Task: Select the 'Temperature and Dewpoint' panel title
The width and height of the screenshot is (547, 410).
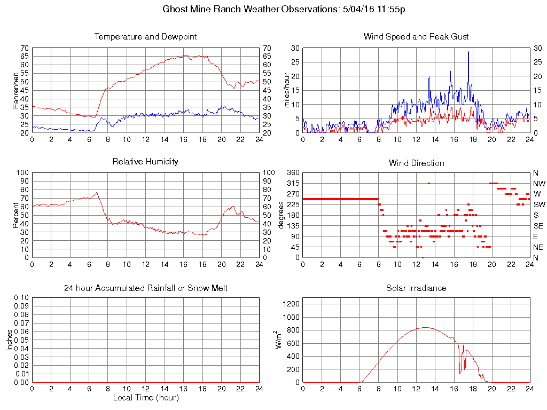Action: point(145,37)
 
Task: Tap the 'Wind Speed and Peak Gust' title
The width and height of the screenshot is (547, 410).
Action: point(416,37)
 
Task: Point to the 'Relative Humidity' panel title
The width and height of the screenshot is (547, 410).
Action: point(145,161)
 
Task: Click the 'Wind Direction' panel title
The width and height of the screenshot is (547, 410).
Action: point(416,163)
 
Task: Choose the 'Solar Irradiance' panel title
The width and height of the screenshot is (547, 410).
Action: point(416,288)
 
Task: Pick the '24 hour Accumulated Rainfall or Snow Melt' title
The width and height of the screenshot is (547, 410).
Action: point(145,288)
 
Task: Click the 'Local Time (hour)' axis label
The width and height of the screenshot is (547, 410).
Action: point(145,398)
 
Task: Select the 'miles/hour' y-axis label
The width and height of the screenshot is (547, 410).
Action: point(286,90)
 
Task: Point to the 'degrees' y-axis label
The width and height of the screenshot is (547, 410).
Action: point(281,215)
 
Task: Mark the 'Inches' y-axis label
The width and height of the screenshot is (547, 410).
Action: point(10,340)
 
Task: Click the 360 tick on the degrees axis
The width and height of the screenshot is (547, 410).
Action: point(293,173)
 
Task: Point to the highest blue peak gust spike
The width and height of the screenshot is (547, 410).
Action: point(468,52)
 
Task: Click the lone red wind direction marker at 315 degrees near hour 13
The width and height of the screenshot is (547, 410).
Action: point(428,183)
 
